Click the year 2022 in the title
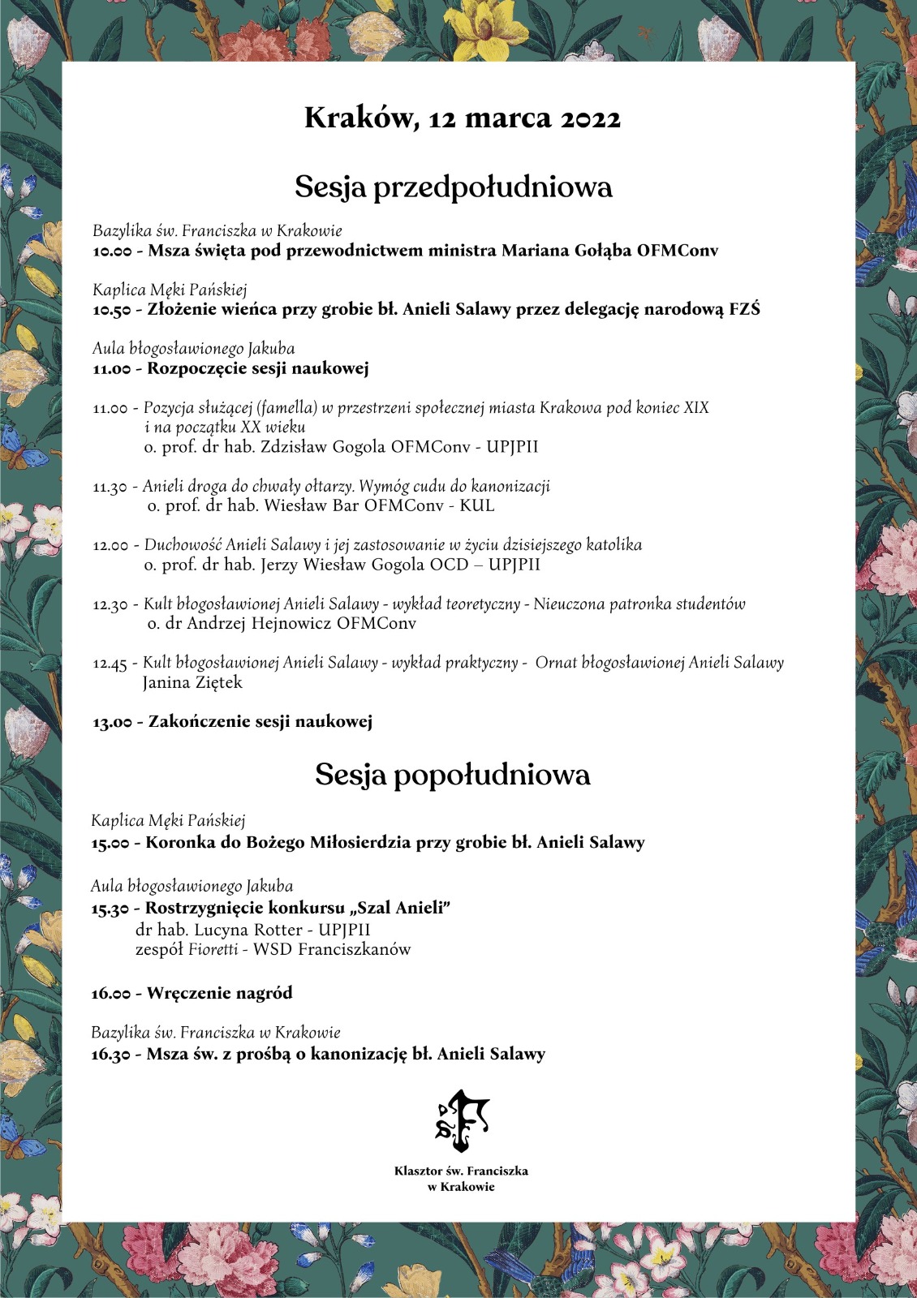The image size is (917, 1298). pyautogui.click(x=591, y=119)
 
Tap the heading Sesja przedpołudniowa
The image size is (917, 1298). pyautogui.click(x=453, y=187)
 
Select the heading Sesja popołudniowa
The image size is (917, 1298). pyautogui.click(x=452, y=775)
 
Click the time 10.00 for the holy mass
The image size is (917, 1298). pyautogui.click(x=111, y=251)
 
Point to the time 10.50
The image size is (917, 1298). pyautogui.click(x=111, y=310)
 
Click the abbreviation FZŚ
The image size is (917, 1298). pyautogui.click(x=744, y=309)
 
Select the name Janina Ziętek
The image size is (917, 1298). pyautogui.click(x=192, y=683)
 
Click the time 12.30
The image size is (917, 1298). pyautogui.click(x=110, y=605)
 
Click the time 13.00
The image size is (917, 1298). pyautogui.click(x=111, y=722)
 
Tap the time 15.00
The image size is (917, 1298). pyautogui.click(x=110, y=843)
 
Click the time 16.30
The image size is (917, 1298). pyautogui.click(x=110, y=1055)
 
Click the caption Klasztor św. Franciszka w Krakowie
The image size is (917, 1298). pyautogui.click(x=461, y=1179)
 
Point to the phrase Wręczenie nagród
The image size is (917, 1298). pyautogui.click(x=219, y=993)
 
